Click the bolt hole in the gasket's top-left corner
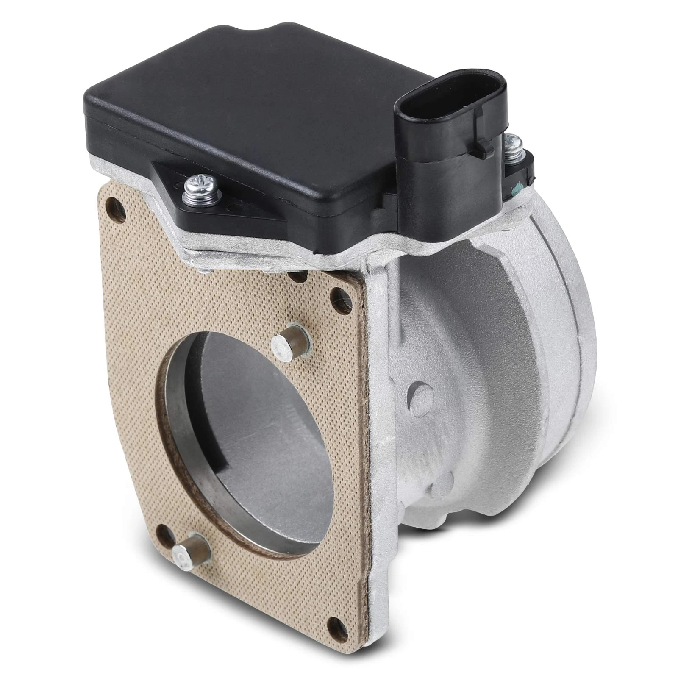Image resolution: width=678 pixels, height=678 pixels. pos(114,206)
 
